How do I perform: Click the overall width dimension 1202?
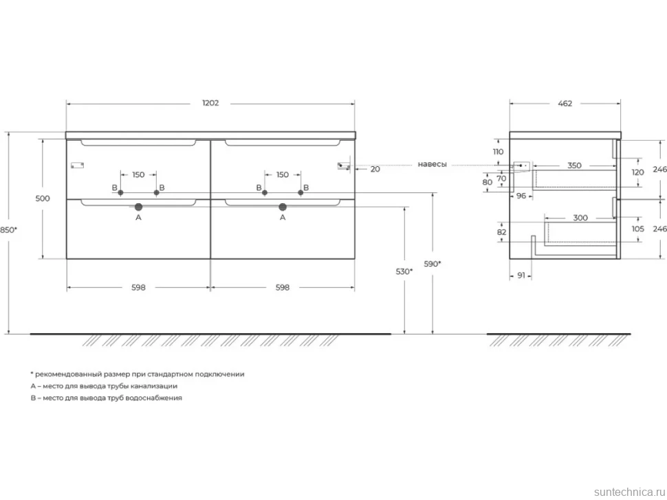click(210, 103)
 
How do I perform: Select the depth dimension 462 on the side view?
click(565, 103)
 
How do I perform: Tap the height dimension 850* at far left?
click(8, 230)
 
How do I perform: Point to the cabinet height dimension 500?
click(43, 198)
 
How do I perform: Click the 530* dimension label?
click(404, 271)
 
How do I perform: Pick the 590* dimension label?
click(433, 263)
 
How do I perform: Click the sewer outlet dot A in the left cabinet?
click(138, 207)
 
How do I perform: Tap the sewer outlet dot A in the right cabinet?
click(283, 207)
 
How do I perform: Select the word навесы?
click(433, 164)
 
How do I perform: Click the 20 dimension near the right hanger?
click(375, 169)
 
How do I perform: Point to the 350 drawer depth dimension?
click(574, 166)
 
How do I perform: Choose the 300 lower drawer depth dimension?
click(580, 218)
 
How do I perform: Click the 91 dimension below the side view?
click(521, 275)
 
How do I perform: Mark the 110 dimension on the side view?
click(498, 152)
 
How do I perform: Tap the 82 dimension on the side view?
click(501, 232)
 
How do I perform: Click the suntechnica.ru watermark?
click(630, 492)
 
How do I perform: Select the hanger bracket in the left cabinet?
click(78, 165)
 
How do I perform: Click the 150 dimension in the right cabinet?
click(283, 174)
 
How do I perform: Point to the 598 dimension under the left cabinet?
click(138, 287)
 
